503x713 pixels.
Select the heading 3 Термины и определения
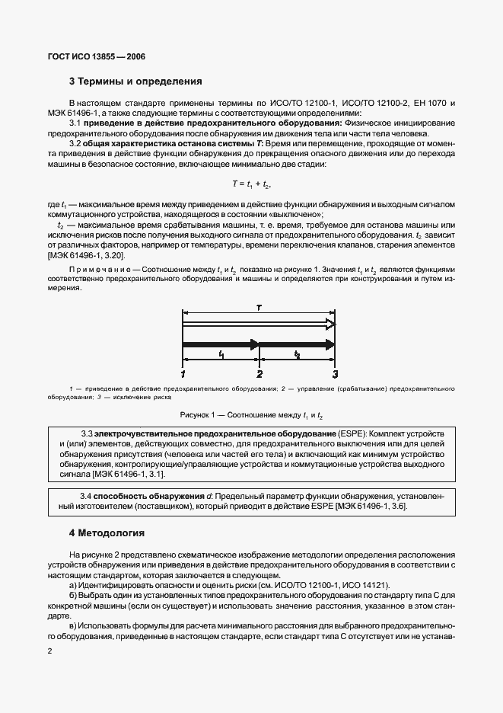click(x=135, y=80)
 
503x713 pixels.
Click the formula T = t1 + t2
click(x=251, y=184)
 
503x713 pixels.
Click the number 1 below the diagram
click(x=183, y=374)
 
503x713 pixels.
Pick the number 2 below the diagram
click(x=259, y=374)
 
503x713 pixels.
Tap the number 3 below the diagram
click(x=335, y=374)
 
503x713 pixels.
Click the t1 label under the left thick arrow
click(x=221, y=356)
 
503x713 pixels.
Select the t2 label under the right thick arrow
click(x=297, y=356)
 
